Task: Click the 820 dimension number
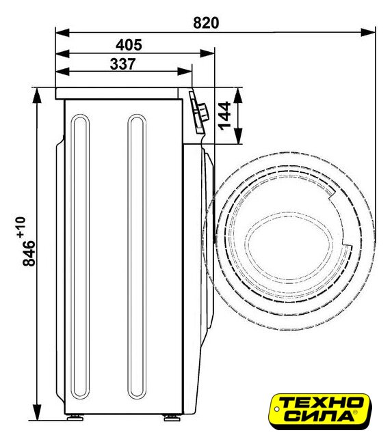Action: pyautogui.click(x=206, y=23)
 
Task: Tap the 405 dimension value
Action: pyautogui.click(x=129, y=45)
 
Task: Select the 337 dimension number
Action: pyautogui.click(x=123, y=64)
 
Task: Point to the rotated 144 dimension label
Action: pyautogui.click(x=224, y=116)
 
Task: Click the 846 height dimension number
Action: pyautogui.click(x=29, y=253)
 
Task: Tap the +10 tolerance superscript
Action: pyautogui.click(x=21, y=227)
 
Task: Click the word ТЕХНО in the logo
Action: pyautogui.click(x=320, y=404)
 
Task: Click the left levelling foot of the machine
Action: pyautogui.click(x=75, y=417)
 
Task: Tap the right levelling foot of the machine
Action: pyautogui.click(x=172, y=417)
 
